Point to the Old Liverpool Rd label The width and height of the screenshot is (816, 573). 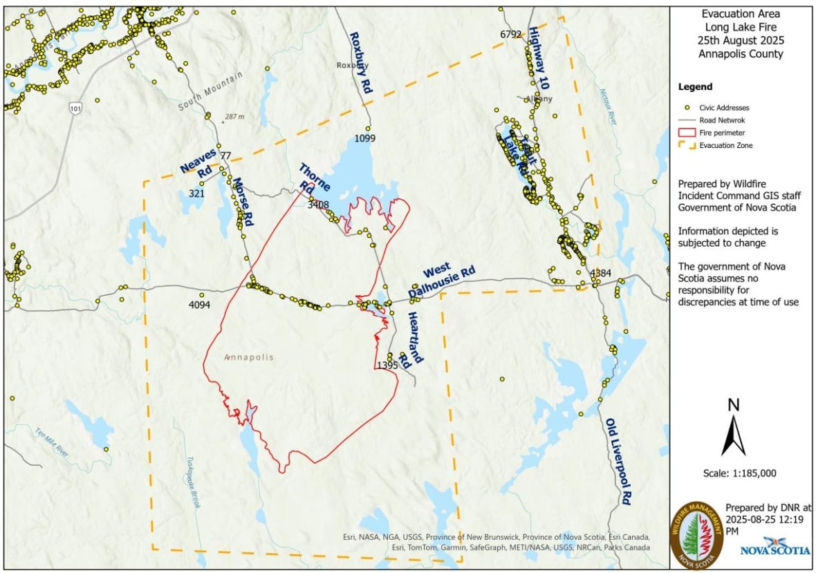click(x=618, y=461)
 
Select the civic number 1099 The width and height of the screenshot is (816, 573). click(x=364, y=139)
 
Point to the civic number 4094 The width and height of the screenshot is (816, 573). click(x=199, y=305)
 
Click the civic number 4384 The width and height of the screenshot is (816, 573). click(x=600, y=274)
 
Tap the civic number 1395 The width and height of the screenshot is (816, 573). click(x=387, y=365)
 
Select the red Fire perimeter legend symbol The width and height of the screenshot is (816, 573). click(x=687, y=133)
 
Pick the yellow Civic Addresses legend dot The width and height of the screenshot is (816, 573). click(x=687, y=108)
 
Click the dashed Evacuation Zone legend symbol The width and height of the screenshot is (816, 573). click(x=687, y=145)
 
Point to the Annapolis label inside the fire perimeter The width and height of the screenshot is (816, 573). click(x=249, y=357)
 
